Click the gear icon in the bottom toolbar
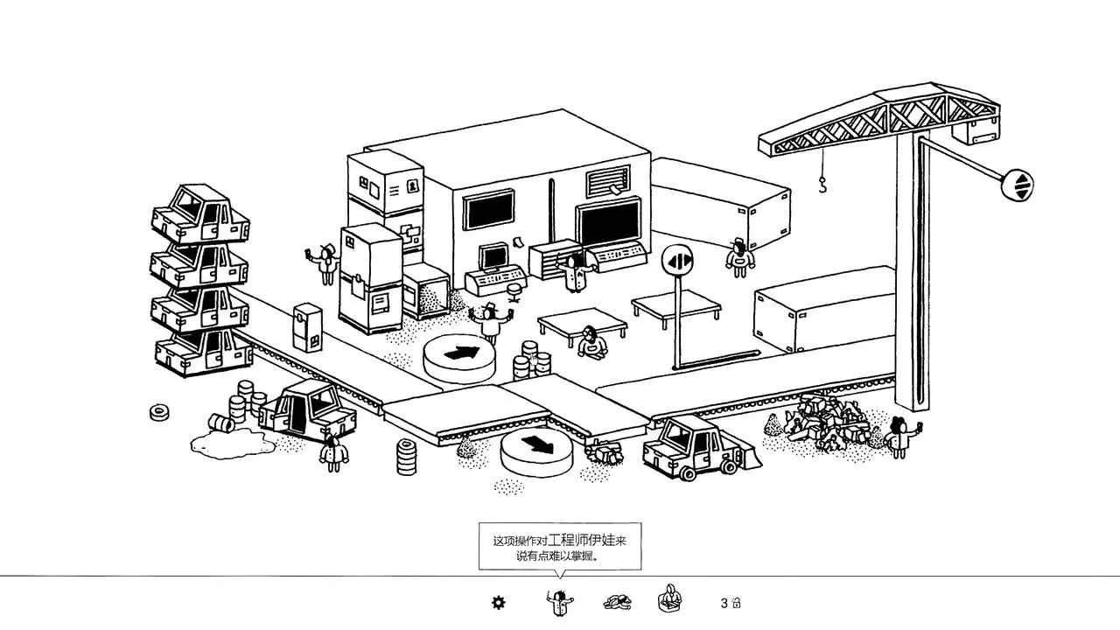tap(499, 602)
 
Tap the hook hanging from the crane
tap(822, 184)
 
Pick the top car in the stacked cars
tap(200, 213)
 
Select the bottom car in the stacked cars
tap(203, 351)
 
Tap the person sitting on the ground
tap(592, 341)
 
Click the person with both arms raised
tap(491, 321)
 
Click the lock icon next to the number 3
tap(737, 603)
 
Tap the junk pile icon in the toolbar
tap(617, 602)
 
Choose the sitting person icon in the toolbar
tap(669, 600)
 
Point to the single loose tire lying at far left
tap(159, 412)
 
